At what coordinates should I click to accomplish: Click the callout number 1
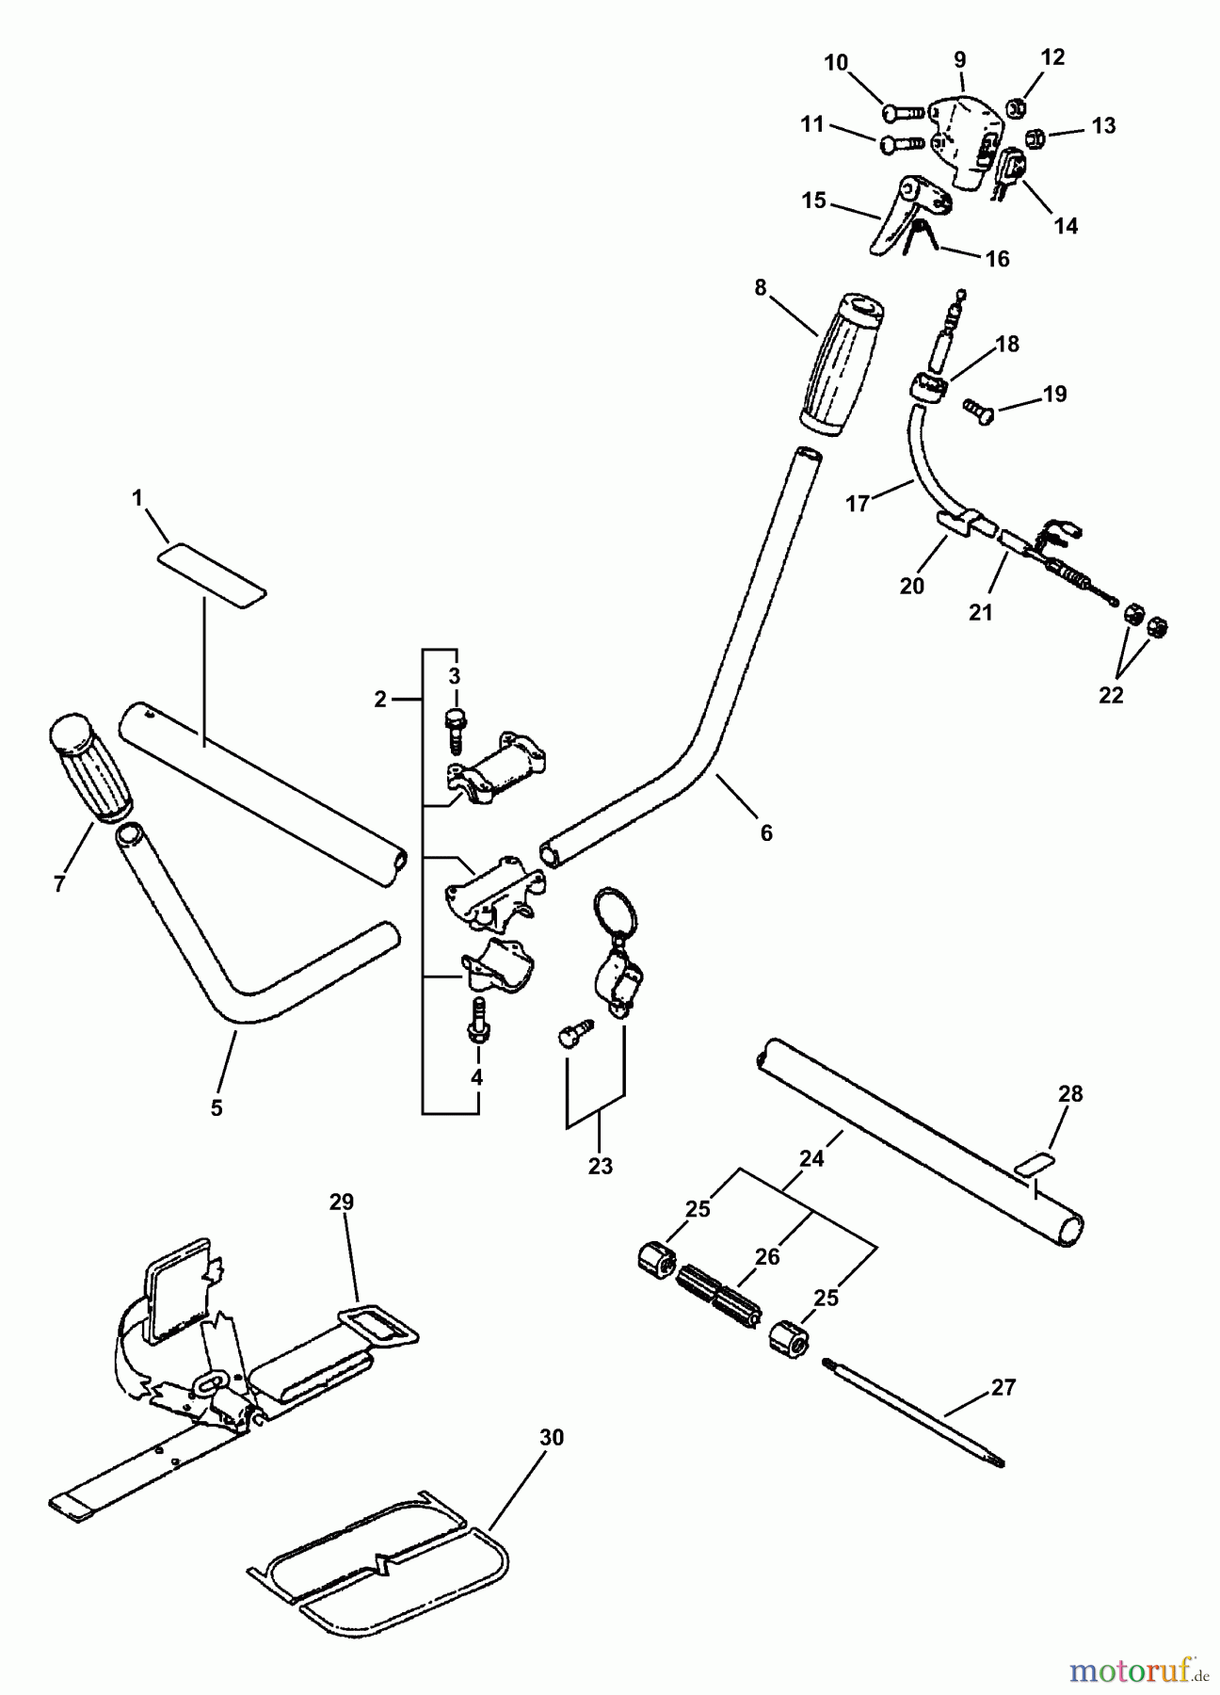(138, 498)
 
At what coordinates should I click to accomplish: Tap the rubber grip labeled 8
(840, 365)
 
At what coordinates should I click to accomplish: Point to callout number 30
(552, 1438)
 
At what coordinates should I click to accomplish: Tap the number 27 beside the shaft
(1003, 1387)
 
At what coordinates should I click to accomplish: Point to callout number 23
(600, 1166)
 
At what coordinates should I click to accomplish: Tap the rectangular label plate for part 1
(212, 573)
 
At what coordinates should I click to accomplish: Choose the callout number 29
(342, 1202)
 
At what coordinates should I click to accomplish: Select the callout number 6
(766, 832)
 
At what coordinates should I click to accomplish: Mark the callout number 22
(1112, 695)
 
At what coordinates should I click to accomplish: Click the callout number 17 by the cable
(858, 504)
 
